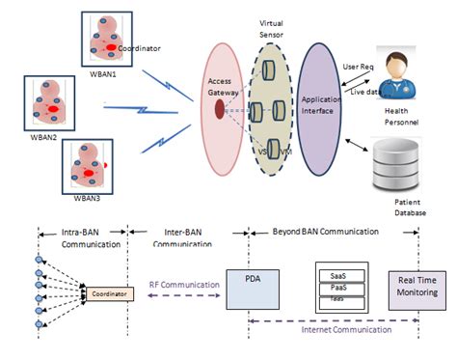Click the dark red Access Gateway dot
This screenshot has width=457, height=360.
[220, 104]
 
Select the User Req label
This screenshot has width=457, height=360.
[360, 68]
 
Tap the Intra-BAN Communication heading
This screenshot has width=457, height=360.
[80, 237]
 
